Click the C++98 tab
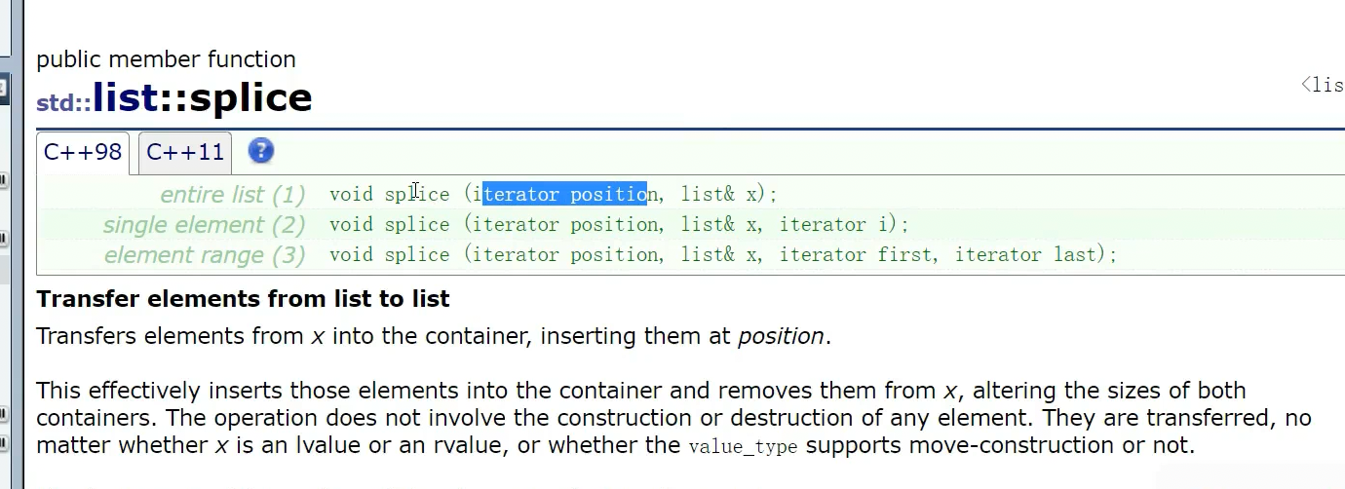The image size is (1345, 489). pos(83,153)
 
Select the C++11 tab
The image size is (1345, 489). pos(185,153)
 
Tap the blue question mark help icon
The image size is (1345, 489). pos(261,151)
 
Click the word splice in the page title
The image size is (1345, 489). pos(250,99)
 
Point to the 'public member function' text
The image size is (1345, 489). pos(166,59)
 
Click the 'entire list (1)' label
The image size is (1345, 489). pos(233,195)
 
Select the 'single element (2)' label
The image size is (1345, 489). pos(205,225)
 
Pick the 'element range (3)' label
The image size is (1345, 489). pos(205,255)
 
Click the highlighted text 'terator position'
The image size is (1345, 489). pos(565,195)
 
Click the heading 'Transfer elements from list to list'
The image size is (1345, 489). pos(243,298)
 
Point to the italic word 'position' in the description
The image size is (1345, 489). pos(781,337)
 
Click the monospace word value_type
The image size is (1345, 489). pos(744,447)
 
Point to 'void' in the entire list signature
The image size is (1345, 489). pos(351,195)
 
